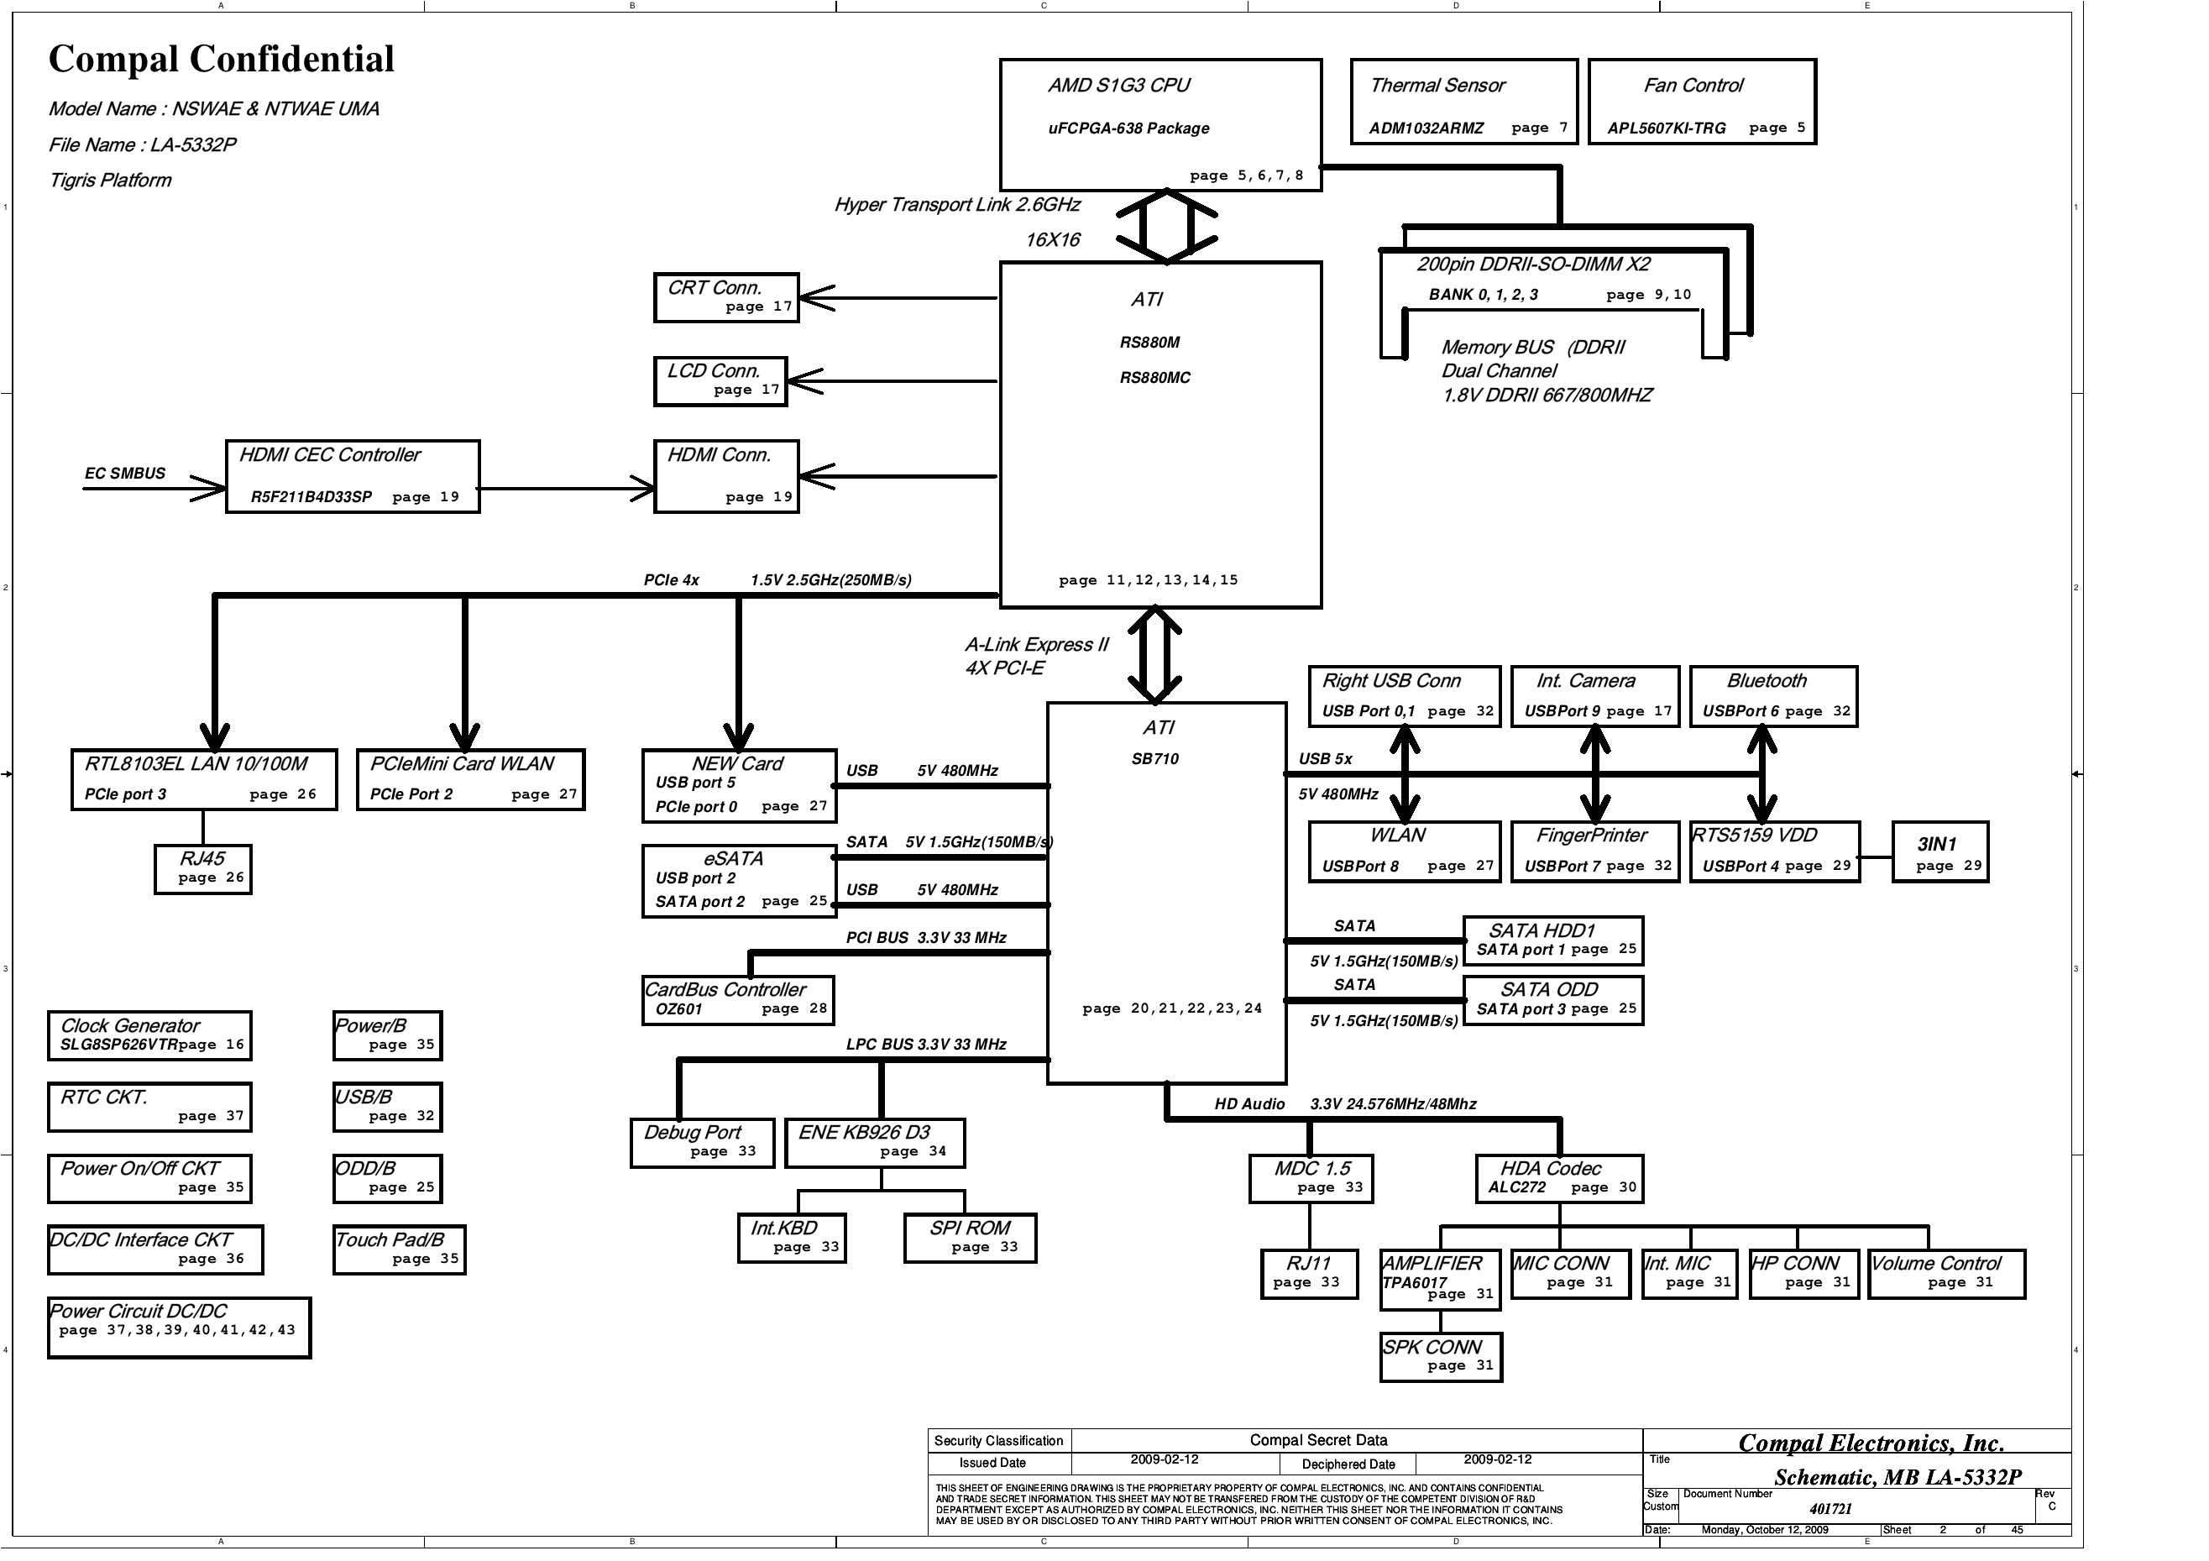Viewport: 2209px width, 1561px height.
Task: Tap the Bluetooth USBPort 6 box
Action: coord(1773,696)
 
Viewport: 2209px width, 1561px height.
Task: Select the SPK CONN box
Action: coord(1440,1357)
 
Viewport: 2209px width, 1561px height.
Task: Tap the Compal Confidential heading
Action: coord(222,60)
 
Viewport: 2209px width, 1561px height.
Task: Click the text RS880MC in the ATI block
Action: coord(1154,378)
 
